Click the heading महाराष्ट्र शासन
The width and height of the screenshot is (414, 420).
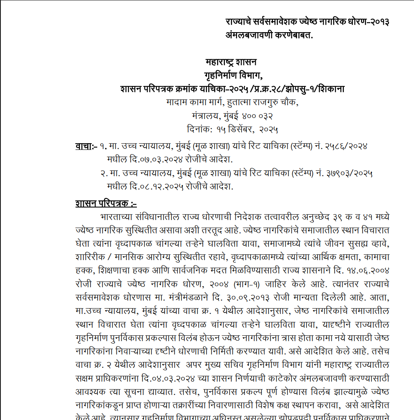click(231, 62)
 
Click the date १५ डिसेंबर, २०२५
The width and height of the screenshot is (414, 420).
click(247, 129)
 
